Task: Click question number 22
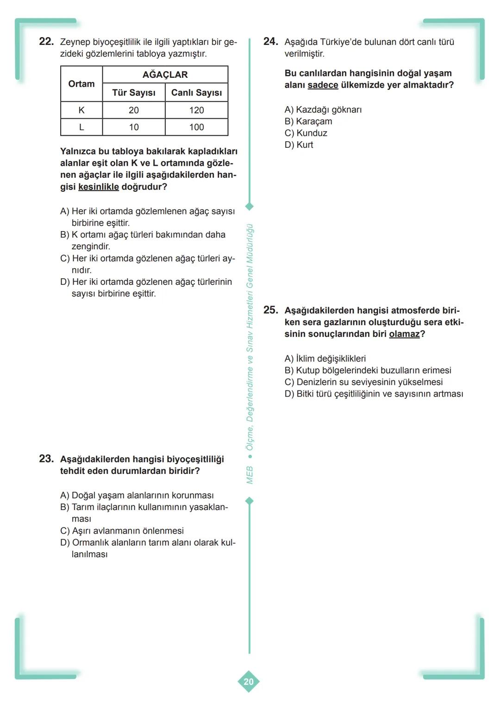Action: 46,42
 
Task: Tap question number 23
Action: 46,459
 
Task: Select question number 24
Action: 270,42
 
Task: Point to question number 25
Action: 270,310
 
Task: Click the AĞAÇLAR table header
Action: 165,75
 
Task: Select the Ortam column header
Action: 81,84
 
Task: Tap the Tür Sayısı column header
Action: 134,93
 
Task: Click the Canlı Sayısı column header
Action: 196,93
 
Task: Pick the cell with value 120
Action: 196,110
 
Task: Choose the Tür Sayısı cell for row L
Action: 134,127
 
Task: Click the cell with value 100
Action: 196,127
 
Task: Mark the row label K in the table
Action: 81,110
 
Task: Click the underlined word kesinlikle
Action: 99,187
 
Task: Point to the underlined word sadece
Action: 323,85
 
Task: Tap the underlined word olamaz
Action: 404,334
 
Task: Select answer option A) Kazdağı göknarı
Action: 323,110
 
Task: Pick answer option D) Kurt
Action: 299,145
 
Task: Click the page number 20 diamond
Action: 249,681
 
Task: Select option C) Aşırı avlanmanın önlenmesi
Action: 122,531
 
